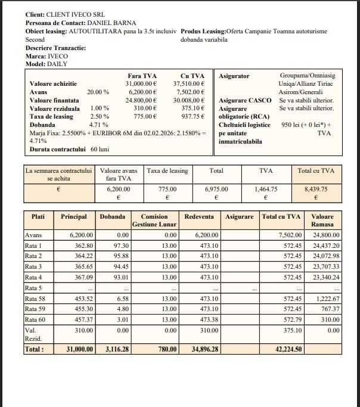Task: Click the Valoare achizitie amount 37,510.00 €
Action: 189,84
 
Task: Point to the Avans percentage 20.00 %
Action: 98,92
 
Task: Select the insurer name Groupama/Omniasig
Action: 308,76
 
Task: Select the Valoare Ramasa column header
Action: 322,220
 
